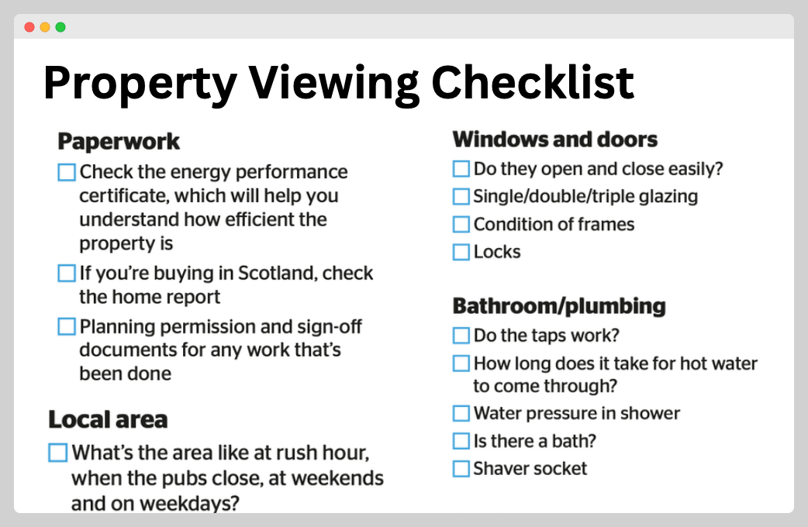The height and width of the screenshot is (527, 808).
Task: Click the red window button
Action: [x=29, y=27]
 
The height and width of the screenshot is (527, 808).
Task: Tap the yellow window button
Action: [x=45, y=27]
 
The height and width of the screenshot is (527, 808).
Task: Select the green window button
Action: [x=60, y=27]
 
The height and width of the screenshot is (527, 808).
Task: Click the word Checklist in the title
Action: [x=532, y=82]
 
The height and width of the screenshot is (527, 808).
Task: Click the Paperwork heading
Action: [x=119, y=141]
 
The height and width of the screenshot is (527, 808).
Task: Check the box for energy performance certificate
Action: [x=67, y=172]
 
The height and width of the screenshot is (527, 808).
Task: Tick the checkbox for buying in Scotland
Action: [x=67, y=273]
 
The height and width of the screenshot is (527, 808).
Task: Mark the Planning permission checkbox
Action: [x=67, y=326]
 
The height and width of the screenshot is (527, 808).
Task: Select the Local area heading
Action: [x=108, y=419]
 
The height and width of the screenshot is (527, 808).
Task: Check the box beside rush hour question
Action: [x=57, y=453]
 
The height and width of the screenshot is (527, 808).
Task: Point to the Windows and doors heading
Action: [x=555, y=139]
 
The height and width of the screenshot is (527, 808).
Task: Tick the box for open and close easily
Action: [x=461, y=168]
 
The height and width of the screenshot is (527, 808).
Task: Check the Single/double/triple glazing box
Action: [x=461, y=196]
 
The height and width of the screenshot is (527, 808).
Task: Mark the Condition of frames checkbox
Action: [x=461, y=224]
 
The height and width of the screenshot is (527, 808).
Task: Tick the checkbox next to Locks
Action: [x=461, y=252]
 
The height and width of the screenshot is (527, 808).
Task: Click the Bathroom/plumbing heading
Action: [x=559, y=306]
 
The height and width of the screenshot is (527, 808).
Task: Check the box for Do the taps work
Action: [x=461, y=336]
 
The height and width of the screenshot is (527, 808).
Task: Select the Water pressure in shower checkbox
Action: [x=461, y=413]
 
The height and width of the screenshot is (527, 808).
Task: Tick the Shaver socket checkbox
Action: [x=461, y=469]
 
